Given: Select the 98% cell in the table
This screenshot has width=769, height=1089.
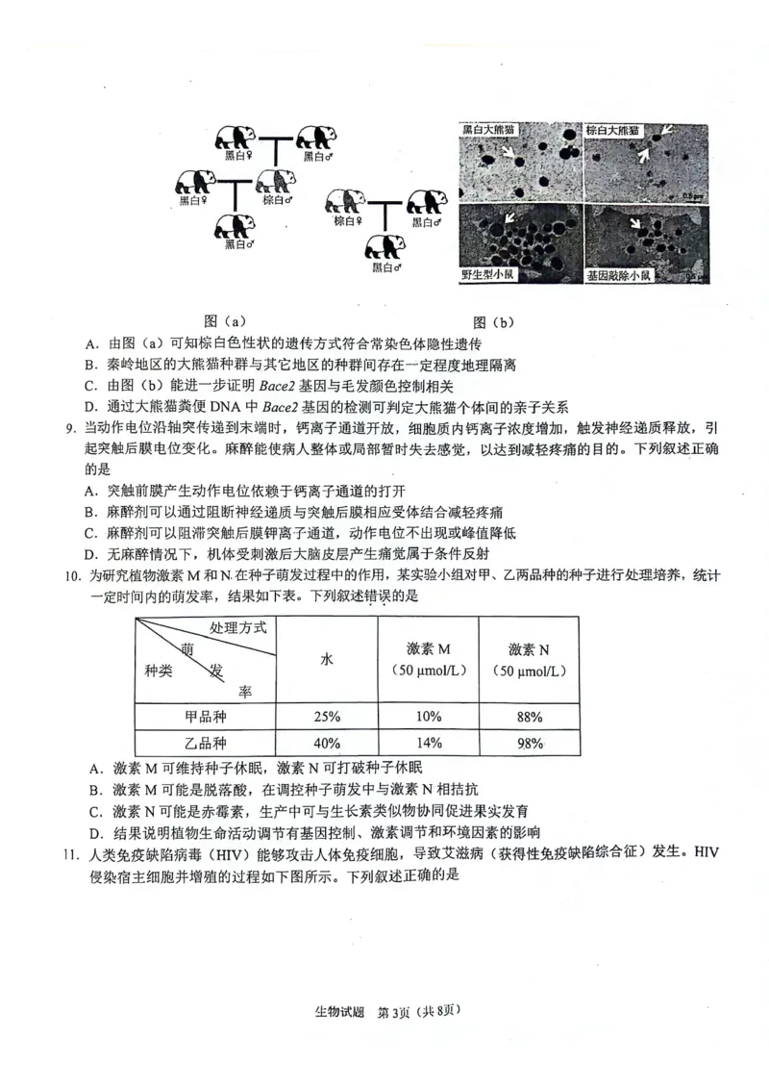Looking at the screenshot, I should click(x=529, y=743).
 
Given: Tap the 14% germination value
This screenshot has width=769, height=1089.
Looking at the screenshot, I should click(x=429, y=743).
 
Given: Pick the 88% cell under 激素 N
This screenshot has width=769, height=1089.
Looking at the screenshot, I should click(x=529, y=716).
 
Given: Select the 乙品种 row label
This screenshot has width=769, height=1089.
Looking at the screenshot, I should click(x=204, y=743).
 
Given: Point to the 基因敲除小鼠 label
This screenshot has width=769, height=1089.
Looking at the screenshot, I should click(x=619, y=276).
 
